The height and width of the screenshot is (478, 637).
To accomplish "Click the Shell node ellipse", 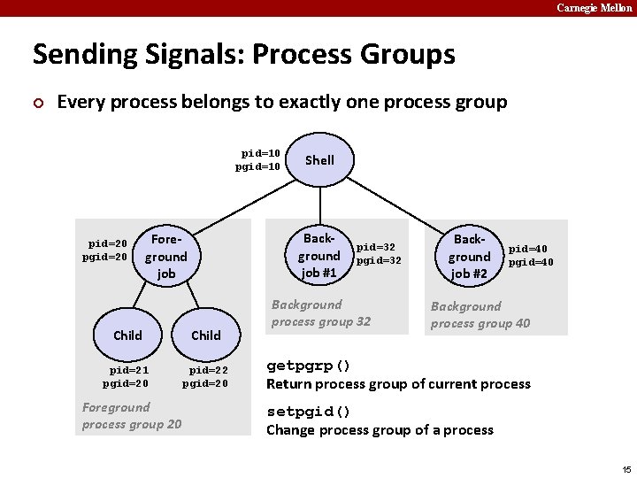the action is click(319, 160).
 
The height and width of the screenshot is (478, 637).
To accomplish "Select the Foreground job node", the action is click(166, 257).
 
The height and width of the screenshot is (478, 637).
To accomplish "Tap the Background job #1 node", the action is click(318, 256).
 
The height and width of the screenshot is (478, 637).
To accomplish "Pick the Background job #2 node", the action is click(469, 257).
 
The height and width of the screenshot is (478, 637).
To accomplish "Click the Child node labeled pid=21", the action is click(127, 335).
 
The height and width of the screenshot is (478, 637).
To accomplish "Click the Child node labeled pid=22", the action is click(206, 335).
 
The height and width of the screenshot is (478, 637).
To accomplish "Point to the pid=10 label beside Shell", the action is click(260, 153).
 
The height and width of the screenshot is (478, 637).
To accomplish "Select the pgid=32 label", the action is click(379, 261).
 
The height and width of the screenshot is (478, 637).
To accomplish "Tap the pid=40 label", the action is click(528, 250).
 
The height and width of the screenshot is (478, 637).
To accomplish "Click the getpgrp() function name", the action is click(309, 366).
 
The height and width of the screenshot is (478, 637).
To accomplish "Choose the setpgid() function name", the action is click(309, 412).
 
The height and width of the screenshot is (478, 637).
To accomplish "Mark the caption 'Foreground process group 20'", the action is click(132, 416).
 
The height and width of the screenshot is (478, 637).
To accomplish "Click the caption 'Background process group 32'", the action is click(321, 313).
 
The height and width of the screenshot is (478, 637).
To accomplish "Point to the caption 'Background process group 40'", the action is click(480, 315).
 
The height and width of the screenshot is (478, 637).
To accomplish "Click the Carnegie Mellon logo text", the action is click(594, 8).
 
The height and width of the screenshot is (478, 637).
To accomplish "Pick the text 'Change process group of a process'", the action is click(380, 430).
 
